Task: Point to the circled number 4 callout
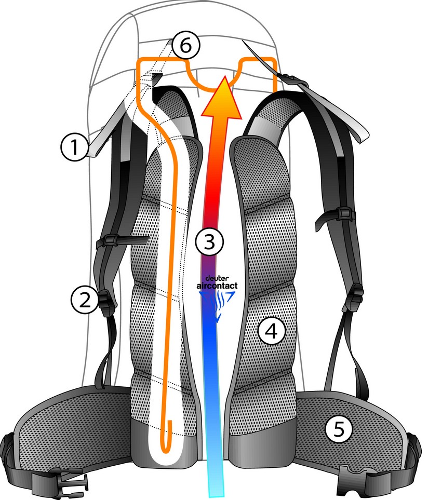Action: point(272,331)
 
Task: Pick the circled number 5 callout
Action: point(338,429)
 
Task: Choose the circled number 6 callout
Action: point(185,46)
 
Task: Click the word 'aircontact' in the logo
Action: point(217,286)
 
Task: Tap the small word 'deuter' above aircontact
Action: point(213,278)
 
